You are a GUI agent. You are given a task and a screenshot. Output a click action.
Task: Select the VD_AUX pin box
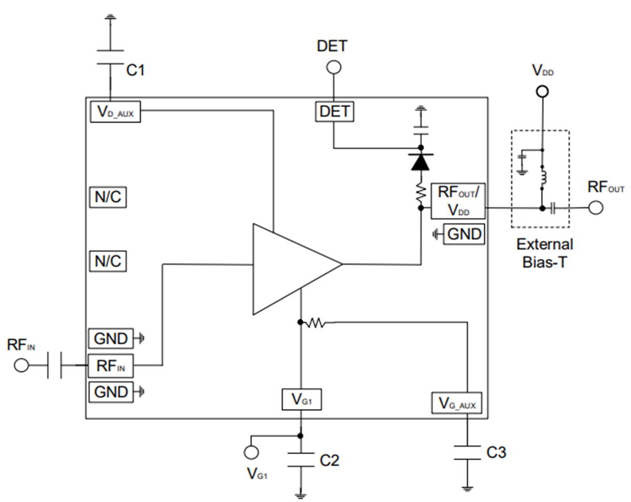point(116,112)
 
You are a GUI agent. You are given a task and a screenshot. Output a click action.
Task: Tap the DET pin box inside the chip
point(335,111)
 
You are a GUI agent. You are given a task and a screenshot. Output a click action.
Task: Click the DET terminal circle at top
point(334,67)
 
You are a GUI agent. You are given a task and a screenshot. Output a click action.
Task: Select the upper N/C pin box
point(108,197)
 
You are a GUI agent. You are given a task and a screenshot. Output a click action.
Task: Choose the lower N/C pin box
point(108,261)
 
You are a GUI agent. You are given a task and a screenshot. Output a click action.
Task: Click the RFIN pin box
point(110,366)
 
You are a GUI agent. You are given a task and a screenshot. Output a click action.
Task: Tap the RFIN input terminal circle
point(21,365)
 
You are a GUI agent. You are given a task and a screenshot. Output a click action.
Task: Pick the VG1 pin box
point(301,400)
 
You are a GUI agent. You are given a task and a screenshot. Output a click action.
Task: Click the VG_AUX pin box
point(456,403)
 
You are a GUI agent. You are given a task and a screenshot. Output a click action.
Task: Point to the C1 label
point(136,70)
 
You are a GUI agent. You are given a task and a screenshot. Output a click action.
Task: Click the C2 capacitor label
point(330,460)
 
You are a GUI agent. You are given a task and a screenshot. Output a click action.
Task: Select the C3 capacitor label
point(496,452)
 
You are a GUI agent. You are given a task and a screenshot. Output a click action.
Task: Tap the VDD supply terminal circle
point(542,91)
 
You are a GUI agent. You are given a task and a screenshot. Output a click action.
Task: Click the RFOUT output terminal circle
point(596,208)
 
